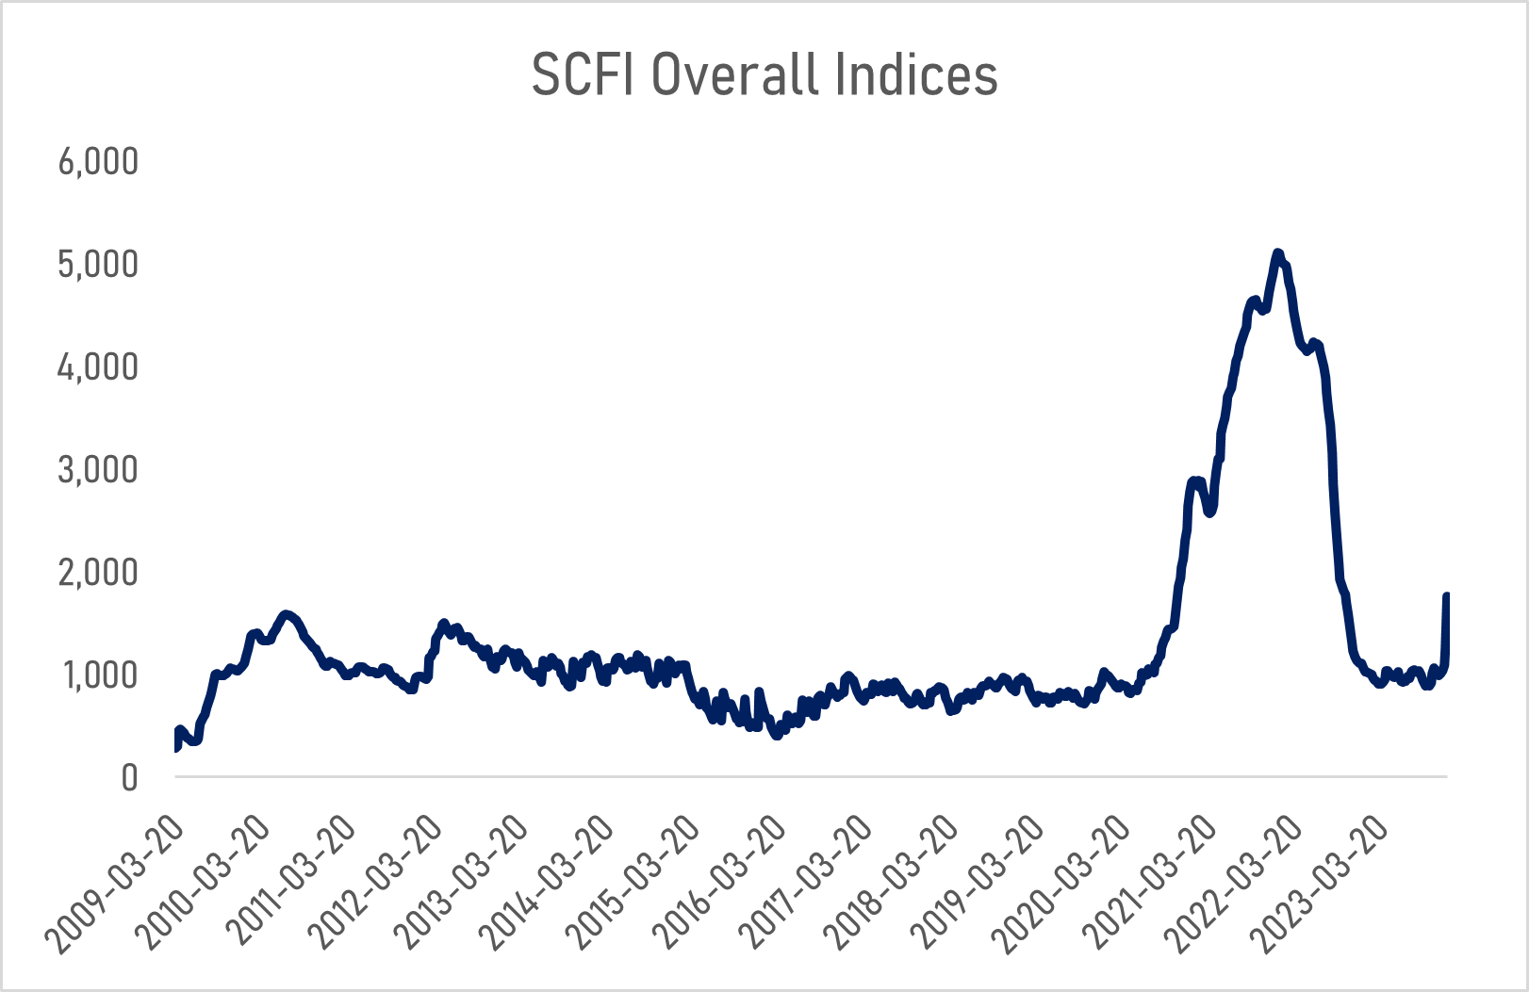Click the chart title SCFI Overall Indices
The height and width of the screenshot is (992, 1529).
[x=764, y=74]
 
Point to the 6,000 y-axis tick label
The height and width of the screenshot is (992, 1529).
[x=98, y=162]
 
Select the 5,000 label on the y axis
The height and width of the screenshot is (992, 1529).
[x=98, y=265]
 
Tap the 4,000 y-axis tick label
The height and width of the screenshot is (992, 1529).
[x=98, y=367]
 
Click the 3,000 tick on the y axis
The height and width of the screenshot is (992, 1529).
[x=98, y=470]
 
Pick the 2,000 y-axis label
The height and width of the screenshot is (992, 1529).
[x=98, y=573]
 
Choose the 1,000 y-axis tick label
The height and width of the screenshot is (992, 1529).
[x=98, y=675]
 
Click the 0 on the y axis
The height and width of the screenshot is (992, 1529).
[x=129, y=778]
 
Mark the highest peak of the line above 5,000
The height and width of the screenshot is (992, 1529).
[x=1277, y=252]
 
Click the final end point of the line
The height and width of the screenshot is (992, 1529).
[x=1446, y=595]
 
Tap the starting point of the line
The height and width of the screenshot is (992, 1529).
[x=176, y=748]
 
